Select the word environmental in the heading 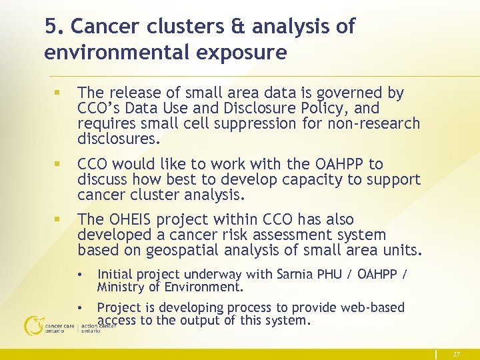click(104, 52)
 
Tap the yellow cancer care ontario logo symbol click(32, 326)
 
